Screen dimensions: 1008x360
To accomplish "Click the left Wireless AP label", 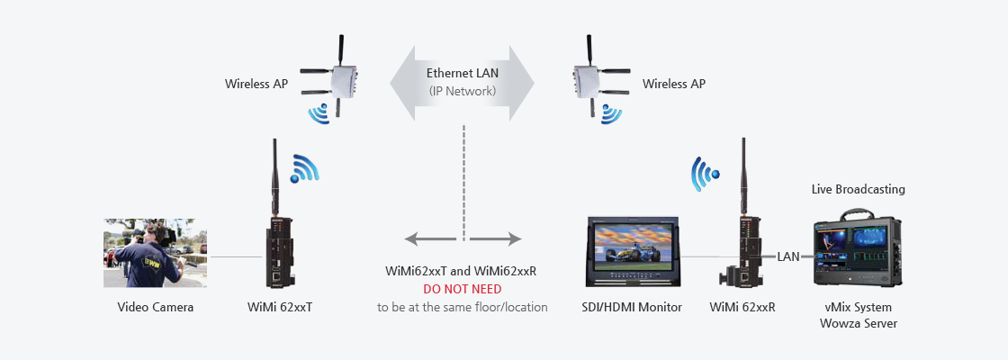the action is tap(256, 84).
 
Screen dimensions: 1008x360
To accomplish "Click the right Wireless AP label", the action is tap(674, 84).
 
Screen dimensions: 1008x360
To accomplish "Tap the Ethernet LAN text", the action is tap(463, 73).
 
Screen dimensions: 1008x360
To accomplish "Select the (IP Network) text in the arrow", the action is tap(463, 91).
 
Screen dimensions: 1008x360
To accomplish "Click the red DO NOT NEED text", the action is tap(463, 289).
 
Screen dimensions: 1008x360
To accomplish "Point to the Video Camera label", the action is tap(156, 307).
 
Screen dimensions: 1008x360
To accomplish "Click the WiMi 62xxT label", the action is tap(280, 307).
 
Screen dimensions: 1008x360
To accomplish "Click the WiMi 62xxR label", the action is tap(742, 307).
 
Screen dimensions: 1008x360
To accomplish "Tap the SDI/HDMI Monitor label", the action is tap(631, 307).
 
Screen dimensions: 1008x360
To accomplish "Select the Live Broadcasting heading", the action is tap(859, 189).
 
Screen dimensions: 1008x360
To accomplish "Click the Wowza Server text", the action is tap(859, 323).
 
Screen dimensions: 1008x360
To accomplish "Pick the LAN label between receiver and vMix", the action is tap(788, 257).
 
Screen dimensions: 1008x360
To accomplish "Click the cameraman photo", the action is tap(156, 253).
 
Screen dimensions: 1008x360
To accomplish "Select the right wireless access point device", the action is tap(590, 78).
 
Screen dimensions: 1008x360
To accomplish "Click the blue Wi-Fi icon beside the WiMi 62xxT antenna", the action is tap(304, 168).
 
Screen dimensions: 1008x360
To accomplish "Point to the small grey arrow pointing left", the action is tap(430, 239).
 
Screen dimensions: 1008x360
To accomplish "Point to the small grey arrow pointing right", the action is tap(496, 239).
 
